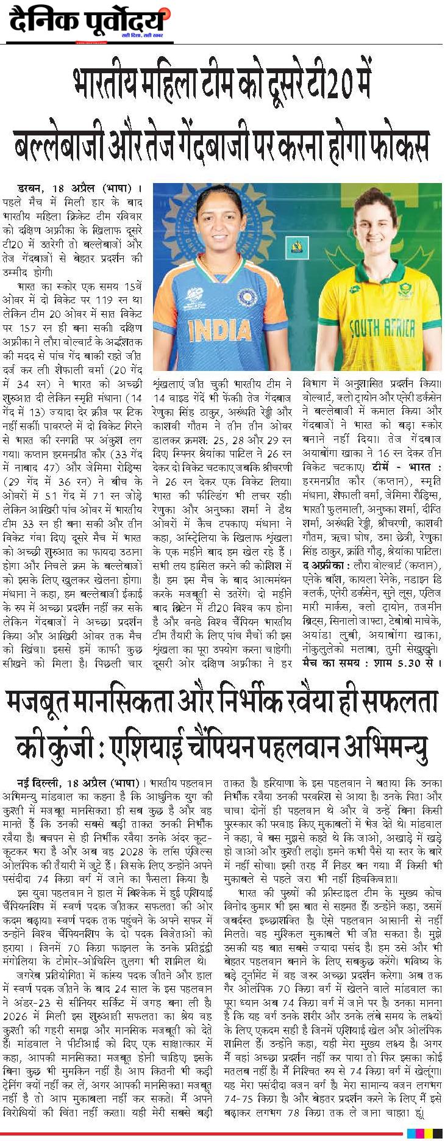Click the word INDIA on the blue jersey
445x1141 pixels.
pyautogui.click(x=219, y=330)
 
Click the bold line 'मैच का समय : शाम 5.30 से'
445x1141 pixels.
pyautogui.click(x=371, y=663)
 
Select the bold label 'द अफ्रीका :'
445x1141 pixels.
pyautogui.click(x=327, y=566)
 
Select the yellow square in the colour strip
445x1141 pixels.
pyautogui.click(x=429, y=1133)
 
